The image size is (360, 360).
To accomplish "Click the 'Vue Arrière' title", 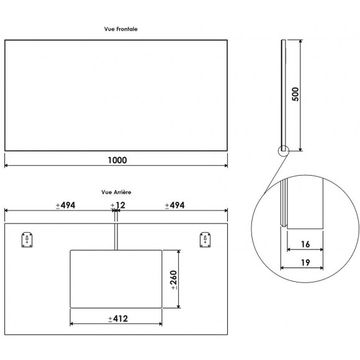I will point(116,193).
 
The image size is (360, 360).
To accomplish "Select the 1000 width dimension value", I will point(116,160).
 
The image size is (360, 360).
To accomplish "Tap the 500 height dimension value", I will point(296,94).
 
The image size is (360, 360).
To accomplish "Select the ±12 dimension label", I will point(116,205).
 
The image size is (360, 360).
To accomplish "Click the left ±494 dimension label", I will point(65,205).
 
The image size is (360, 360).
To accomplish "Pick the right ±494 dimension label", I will point(174,205).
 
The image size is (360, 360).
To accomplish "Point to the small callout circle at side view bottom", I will point(284,150).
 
